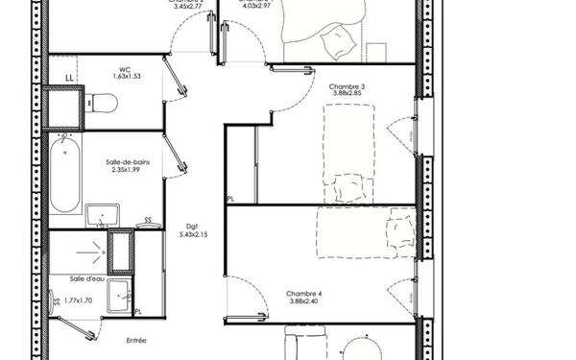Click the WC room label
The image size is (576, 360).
click(125, 69)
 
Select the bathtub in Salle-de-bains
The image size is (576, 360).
click(66, 175)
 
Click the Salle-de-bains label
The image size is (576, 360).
click(126, 162)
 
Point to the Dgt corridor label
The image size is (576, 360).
click(192, 227)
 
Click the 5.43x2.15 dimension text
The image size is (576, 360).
click(193, 235)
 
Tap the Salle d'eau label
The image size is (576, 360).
click(87, 279)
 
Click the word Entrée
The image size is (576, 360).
click(136, 340)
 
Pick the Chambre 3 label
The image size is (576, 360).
click(347, 86)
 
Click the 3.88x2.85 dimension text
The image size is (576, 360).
click(347, 95)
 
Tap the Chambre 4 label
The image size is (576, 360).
click(303, 294)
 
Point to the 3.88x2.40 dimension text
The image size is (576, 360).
click(303, 302)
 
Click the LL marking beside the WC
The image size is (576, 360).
click(69, 78)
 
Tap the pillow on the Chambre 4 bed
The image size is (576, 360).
click(396, 231)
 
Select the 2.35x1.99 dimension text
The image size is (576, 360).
click(126, 171)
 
